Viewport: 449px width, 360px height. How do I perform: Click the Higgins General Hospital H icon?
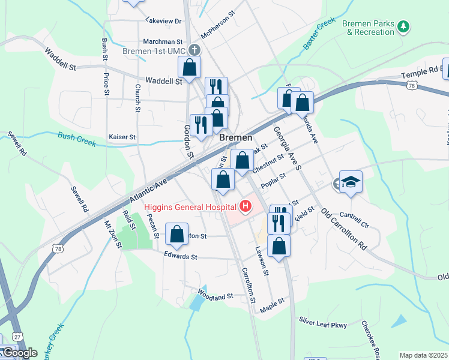[245, 208]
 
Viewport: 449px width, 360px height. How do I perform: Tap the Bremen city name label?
[235, 137]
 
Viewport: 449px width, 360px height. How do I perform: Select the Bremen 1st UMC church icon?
[194, 51]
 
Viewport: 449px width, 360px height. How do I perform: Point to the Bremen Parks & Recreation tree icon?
[404, 26]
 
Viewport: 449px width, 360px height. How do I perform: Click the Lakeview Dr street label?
[163, 20]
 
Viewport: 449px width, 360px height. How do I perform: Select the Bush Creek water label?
[77, 140]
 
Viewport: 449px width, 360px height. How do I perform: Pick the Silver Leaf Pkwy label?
[323, 325]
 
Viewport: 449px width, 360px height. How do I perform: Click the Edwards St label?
[181, 256]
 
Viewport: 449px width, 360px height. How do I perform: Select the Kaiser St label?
[122, 137]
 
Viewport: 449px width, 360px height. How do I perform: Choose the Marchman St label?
[162, 42]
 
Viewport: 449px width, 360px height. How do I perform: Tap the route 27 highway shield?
[17, 337]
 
